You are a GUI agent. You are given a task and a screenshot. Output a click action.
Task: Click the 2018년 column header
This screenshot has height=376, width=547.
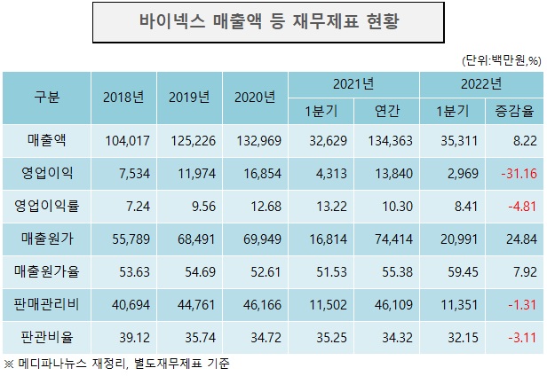tap(123, 98)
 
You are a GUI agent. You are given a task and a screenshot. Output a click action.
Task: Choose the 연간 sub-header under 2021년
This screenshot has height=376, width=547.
tap(386, 111)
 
